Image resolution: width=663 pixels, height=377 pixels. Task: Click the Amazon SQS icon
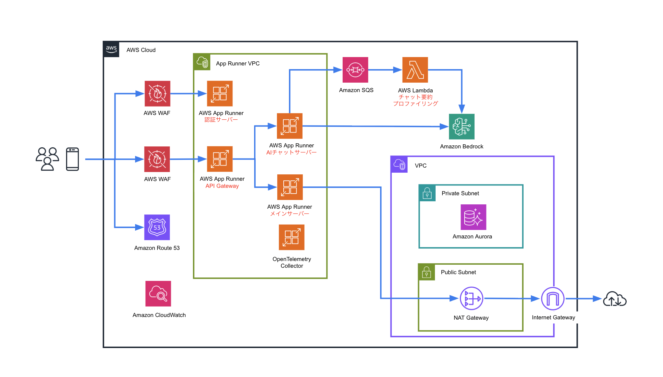[355, 70]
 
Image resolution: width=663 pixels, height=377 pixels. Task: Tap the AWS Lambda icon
[415, 70]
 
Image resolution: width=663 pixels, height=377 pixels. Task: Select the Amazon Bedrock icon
[462, 126]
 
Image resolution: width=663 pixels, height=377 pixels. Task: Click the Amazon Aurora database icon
[473, 217]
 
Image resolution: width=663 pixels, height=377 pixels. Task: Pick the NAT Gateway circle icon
[471, 298]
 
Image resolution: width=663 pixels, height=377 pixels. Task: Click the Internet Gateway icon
[552, 298]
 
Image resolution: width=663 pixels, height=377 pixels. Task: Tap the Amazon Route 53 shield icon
[157, 227]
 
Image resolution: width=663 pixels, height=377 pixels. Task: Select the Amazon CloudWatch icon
[158, 294]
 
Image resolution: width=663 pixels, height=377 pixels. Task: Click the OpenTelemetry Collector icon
[291, 237]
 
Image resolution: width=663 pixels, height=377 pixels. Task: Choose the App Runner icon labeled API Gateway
[220, 159]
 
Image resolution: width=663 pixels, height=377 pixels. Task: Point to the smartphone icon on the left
[72, 159]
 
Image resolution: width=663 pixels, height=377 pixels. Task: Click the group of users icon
[48, 159]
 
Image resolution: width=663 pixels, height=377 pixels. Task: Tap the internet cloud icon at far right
[614, 299]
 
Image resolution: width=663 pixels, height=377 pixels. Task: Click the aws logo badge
[111, 49]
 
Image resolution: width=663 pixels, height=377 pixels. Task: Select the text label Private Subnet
[460, 193]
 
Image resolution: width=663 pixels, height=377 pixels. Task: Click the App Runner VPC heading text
[238, 63]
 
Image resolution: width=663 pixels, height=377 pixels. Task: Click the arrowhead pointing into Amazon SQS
[338, 70]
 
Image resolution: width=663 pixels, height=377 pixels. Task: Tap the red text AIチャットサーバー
[291, 152]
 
